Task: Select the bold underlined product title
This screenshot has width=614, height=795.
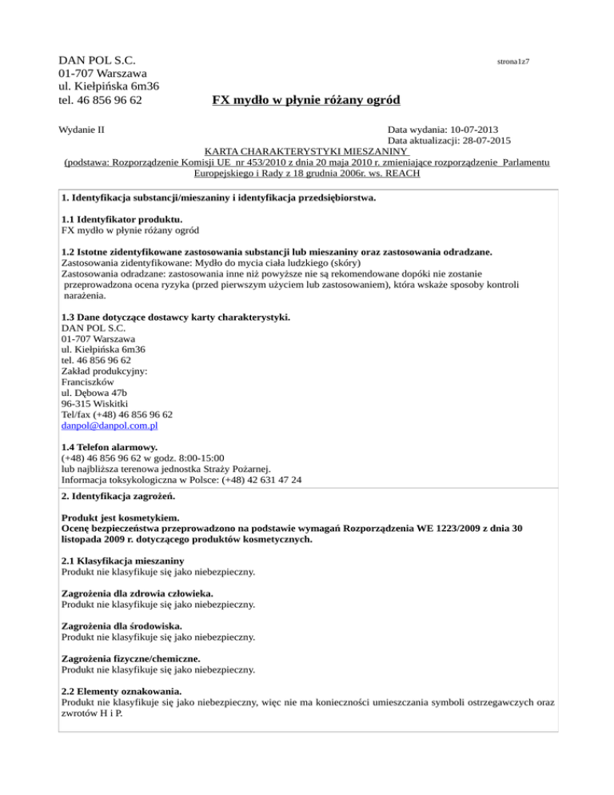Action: (x=305, y=100)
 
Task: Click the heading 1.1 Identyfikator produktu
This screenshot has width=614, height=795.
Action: (x=122, y=218)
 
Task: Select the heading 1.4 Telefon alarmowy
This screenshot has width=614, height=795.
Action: (x=110, y=446)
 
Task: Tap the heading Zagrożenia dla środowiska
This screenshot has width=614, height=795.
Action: (x=122, y=626)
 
